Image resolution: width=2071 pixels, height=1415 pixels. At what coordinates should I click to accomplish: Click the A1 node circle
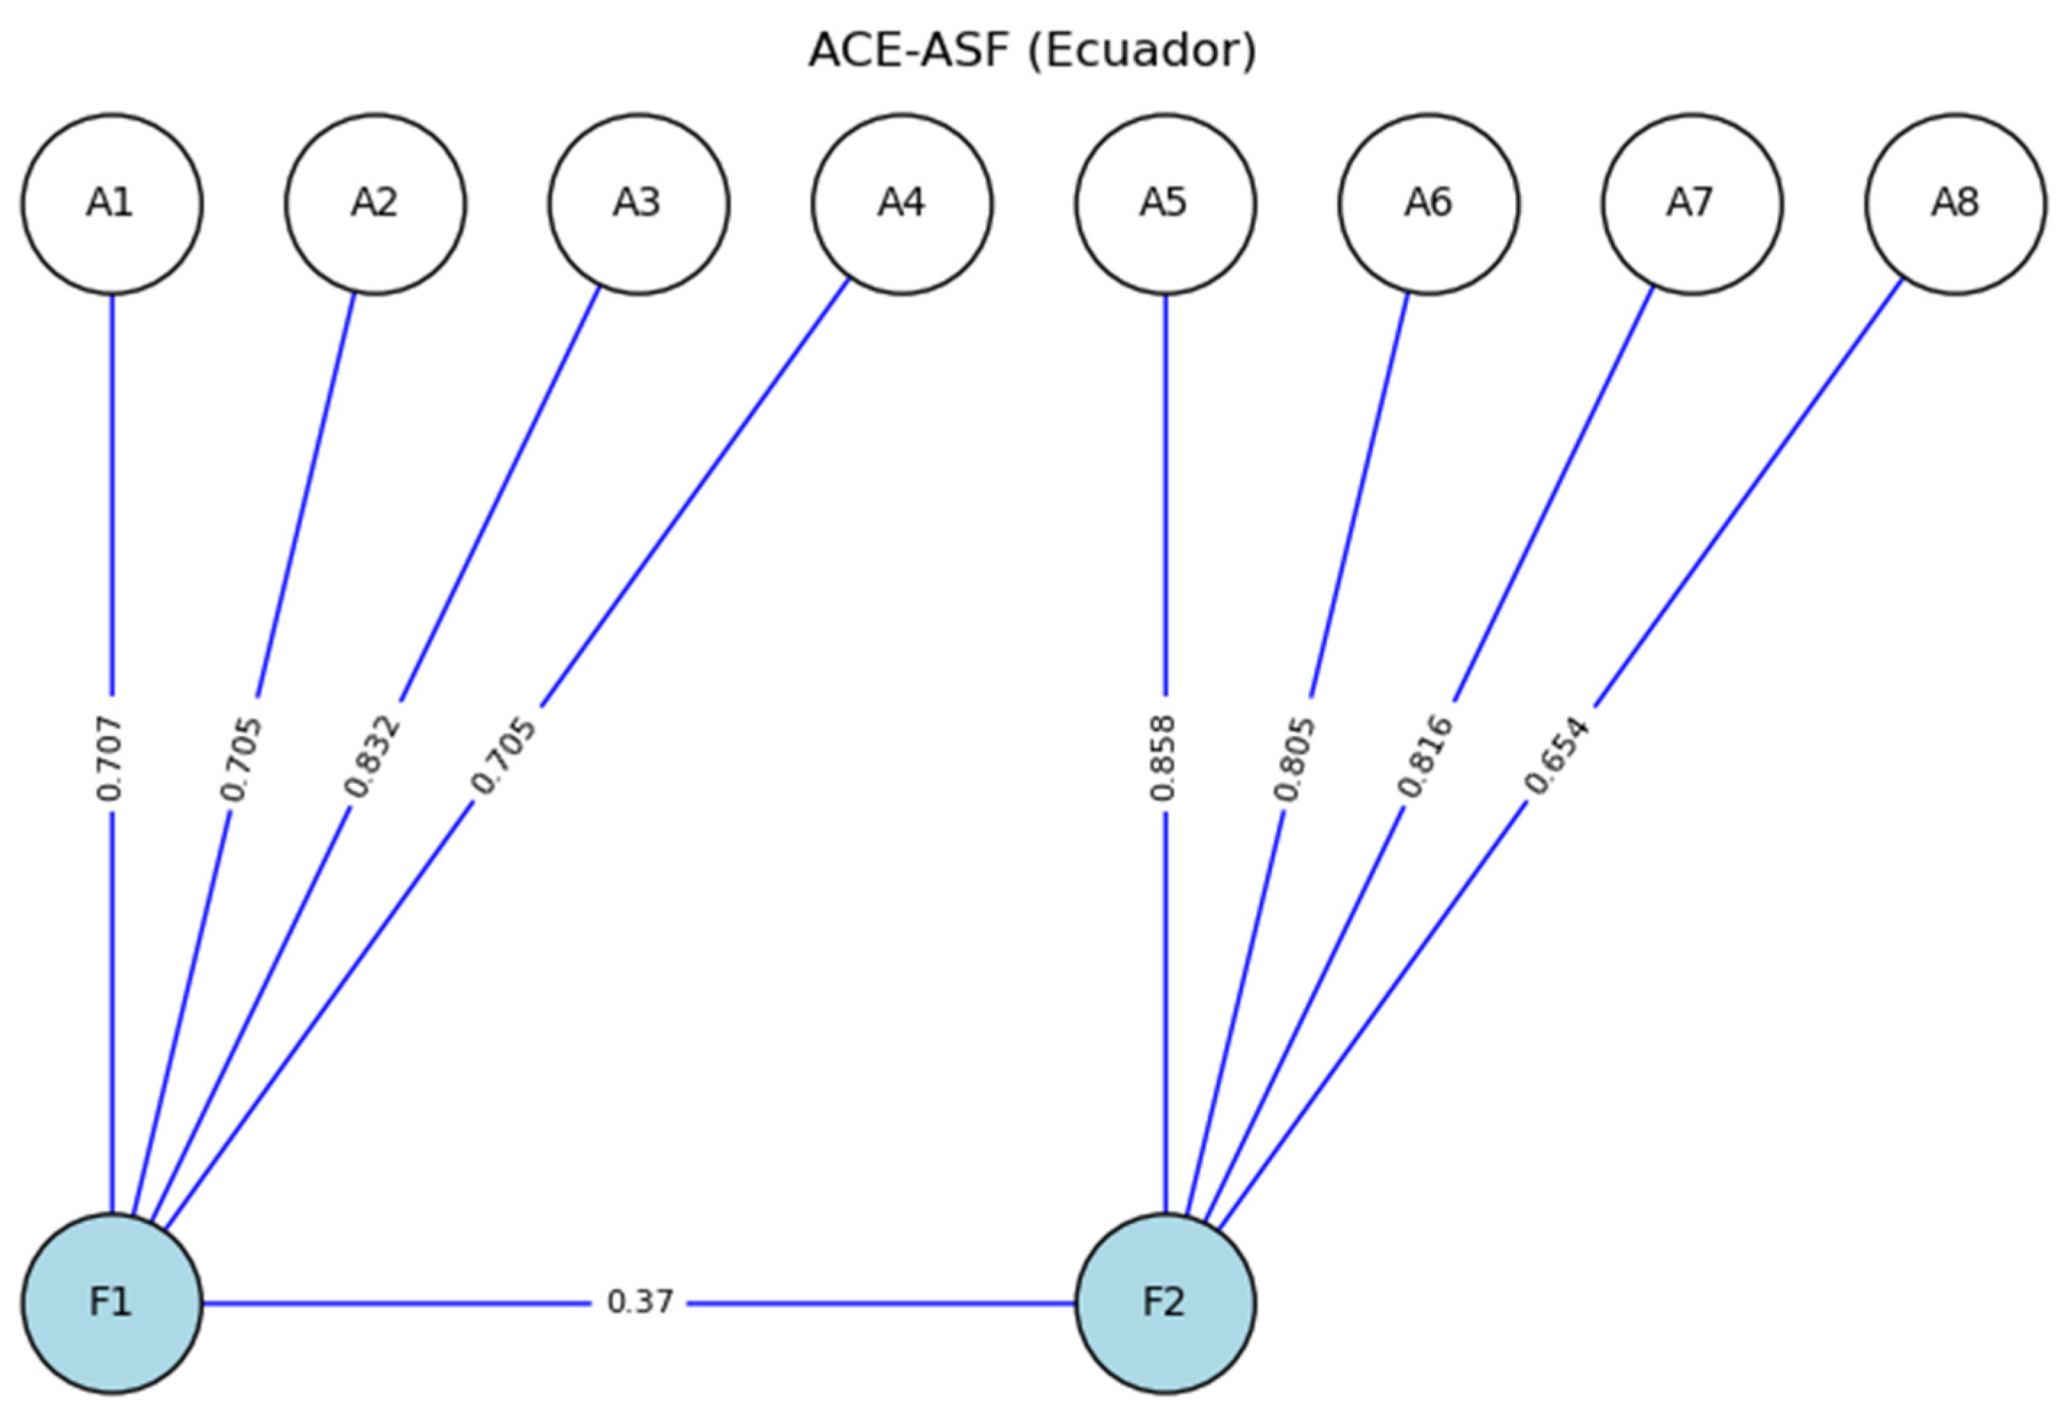(112, 204)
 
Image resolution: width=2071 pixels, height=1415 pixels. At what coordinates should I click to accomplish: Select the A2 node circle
(375, 204)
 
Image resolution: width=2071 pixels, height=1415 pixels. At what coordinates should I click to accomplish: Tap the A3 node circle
(638, 204)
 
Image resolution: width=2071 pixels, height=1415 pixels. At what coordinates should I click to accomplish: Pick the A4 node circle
(902, 204)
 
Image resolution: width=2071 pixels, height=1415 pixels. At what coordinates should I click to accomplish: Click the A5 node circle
(1165, 204)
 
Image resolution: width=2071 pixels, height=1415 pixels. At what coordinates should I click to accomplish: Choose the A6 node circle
(1428, 204)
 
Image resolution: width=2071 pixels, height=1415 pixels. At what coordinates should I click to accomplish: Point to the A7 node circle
(1692, 204)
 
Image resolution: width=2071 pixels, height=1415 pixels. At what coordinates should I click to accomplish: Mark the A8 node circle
(1955, 204)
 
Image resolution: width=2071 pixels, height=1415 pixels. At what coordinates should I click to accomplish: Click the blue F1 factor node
(112, 1303)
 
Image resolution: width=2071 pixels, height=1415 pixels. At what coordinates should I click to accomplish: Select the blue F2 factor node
(1165, 1303)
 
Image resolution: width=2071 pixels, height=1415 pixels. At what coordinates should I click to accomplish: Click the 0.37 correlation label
(639, 1303)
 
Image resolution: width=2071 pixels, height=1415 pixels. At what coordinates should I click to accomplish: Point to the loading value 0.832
(373, 756)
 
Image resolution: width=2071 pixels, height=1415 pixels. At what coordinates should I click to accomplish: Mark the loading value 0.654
(1556, 756)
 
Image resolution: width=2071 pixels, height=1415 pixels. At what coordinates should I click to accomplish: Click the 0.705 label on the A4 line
(504, 756)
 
